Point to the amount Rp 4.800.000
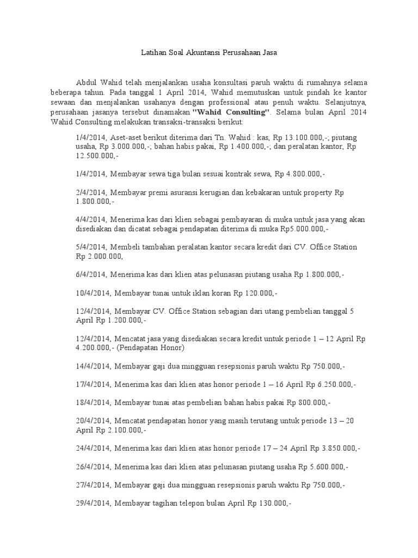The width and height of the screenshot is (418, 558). point(299,174)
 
